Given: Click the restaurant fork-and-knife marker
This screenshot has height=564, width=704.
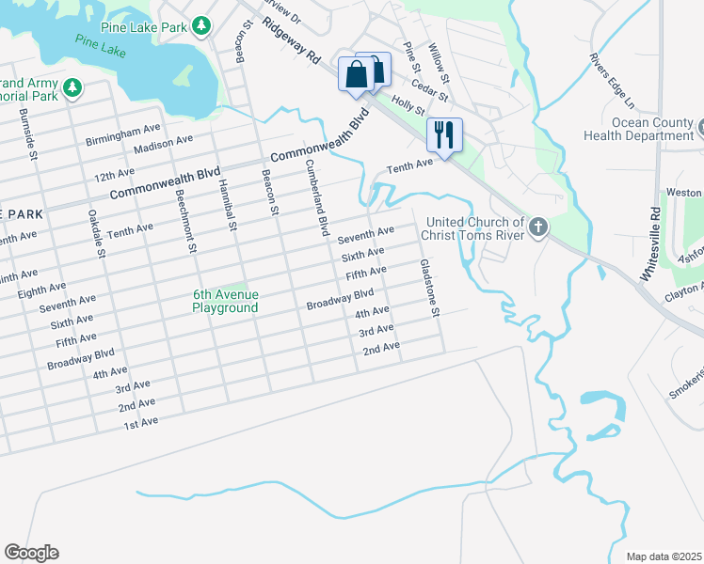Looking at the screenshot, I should [444, 134].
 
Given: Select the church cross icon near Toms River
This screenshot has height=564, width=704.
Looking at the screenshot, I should [537, 227].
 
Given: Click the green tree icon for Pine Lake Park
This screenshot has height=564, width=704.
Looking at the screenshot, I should [200, 25].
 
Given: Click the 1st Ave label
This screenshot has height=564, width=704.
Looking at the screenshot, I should [140, 424].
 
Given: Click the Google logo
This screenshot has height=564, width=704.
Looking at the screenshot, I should [31, 553].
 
